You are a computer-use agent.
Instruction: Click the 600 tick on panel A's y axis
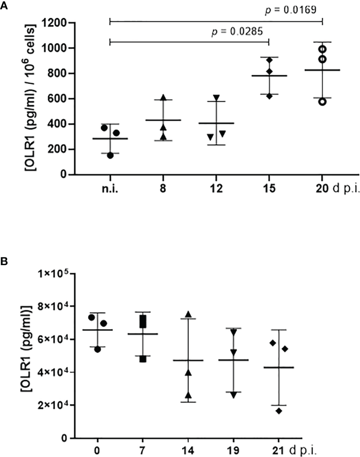(x=59, y=99)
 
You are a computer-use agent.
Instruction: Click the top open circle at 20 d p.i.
(x=322, y=49)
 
